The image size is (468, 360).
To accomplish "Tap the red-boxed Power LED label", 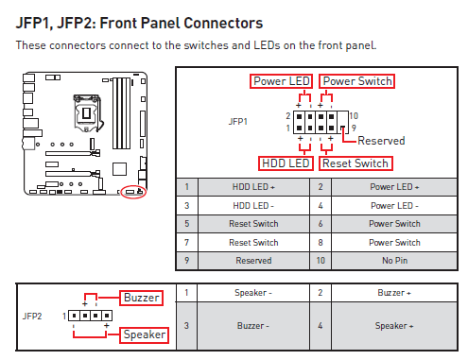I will (x=282, y=81).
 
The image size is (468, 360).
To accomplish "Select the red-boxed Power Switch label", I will (x=356, y=81).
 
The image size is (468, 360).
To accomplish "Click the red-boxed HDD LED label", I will (x=286, y=163).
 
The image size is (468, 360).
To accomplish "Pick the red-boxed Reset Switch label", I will (x=355, y=163).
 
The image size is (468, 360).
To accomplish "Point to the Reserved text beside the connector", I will (x=380, y=141).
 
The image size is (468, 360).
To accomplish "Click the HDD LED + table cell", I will (x=251, y=187).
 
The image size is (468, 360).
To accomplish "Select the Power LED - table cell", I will (x=394, y=205).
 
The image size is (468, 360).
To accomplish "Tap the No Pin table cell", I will (x=394, y=260).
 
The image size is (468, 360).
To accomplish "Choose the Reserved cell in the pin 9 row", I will (x=251, y=260).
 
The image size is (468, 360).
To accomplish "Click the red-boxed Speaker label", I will (x=144, y=334).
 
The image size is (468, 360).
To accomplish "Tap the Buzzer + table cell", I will (x=395, y=293).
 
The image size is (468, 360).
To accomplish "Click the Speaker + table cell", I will (x=395, y=326).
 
